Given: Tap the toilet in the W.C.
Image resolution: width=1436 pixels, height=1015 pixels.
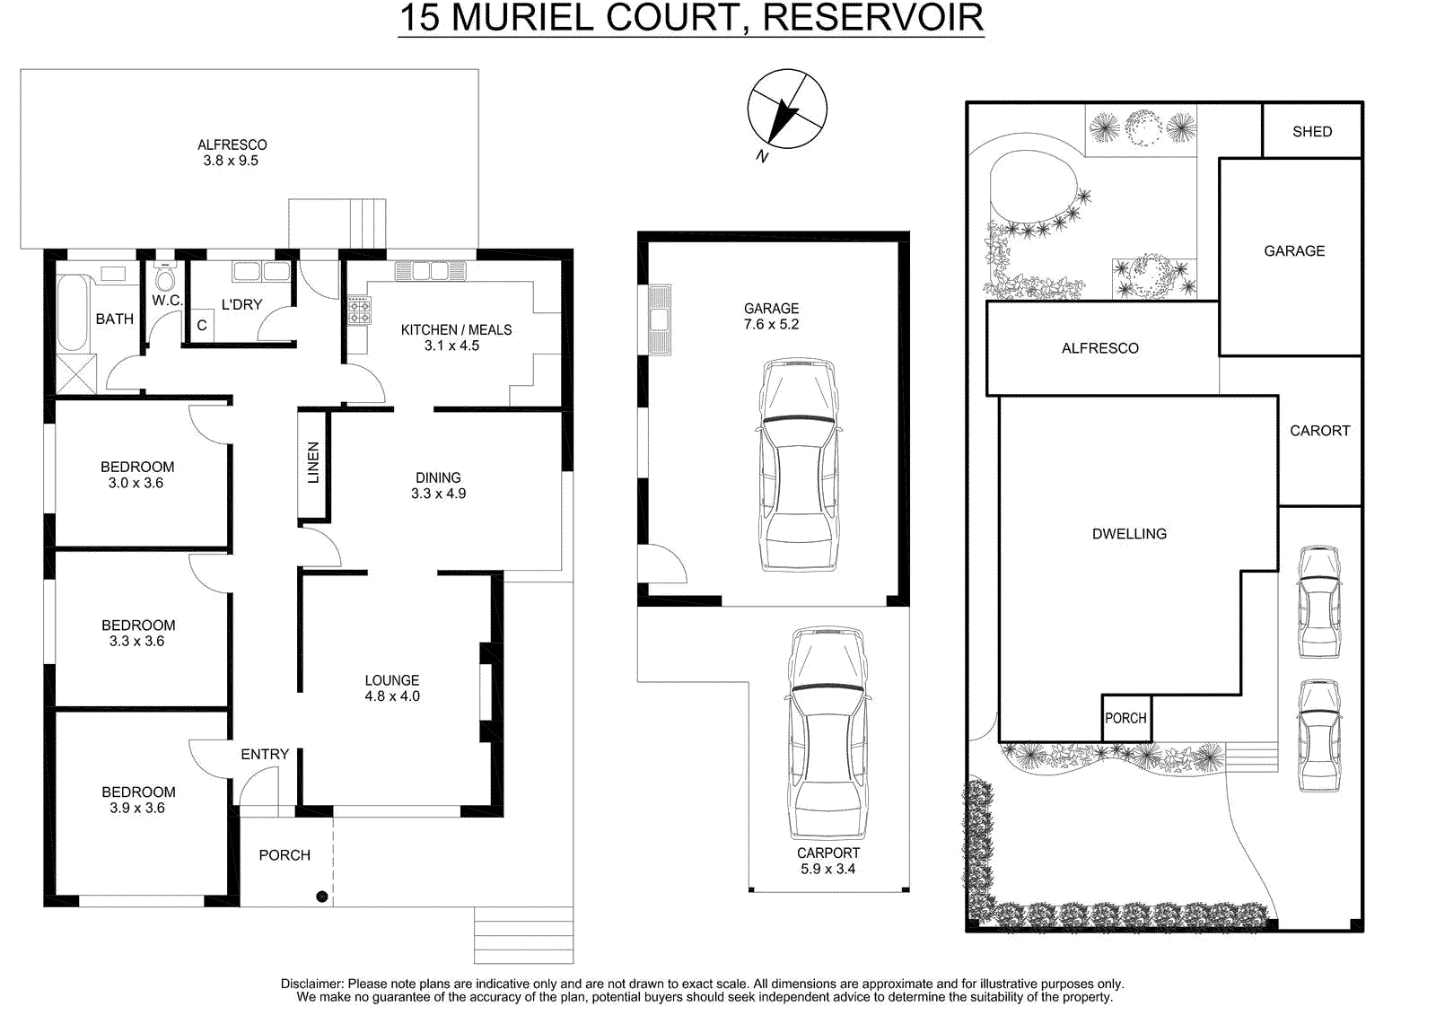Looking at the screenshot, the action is [165, 276].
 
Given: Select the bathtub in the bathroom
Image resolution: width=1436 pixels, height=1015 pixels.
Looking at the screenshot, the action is [72, 313].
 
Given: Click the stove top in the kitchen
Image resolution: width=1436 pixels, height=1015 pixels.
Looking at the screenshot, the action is [359, 311].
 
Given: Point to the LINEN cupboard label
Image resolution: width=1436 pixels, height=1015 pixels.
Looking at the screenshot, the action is [313, 462].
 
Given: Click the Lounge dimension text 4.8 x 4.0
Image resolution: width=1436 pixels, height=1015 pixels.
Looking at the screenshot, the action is [392, 696].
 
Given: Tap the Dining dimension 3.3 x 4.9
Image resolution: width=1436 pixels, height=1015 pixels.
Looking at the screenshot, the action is [439, 494].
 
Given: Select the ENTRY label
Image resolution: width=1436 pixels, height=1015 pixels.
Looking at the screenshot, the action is [265, 755].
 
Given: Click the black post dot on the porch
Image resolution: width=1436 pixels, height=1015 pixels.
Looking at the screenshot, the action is [322, 897].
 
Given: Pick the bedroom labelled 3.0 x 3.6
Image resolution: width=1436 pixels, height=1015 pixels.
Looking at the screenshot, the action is [137, 475].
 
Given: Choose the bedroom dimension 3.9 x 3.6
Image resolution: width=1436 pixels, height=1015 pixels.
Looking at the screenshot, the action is [137, 808].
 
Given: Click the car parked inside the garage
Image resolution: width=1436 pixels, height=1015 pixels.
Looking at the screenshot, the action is [799, 465].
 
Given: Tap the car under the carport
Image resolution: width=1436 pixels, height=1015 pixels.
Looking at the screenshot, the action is [827, 733].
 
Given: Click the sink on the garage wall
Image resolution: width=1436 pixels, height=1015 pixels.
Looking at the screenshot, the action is [661, 320].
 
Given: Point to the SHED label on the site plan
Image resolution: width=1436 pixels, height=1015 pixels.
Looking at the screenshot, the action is [1312, 132].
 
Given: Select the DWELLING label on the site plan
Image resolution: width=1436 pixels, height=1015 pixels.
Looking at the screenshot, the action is [1130, 533].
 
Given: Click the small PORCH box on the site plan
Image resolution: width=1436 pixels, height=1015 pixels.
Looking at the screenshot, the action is [1126, 718].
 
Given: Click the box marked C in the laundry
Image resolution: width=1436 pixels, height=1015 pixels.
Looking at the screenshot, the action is [203, 326].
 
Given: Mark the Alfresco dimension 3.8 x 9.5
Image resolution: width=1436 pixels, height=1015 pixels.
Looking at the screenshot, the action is [231, 161].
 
